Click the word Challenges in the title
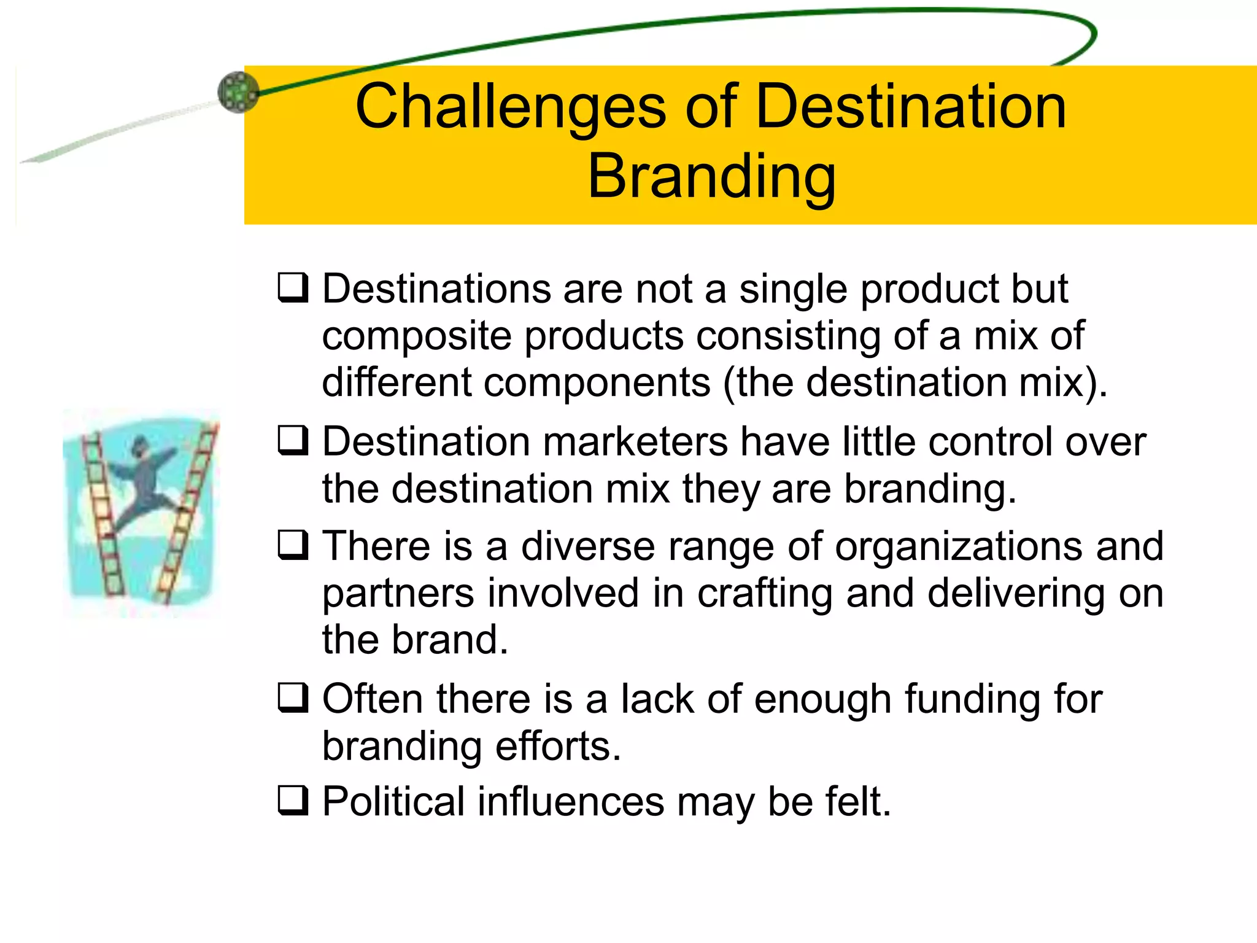(x=510, y=107)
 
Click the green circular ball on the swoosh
(x=238, y=93)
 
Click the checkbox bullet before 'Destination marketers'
(x=293, y=440)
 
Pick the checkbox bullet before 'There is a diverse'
(x=293, y=545)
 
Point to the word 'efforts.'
(x=558, y=746)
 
